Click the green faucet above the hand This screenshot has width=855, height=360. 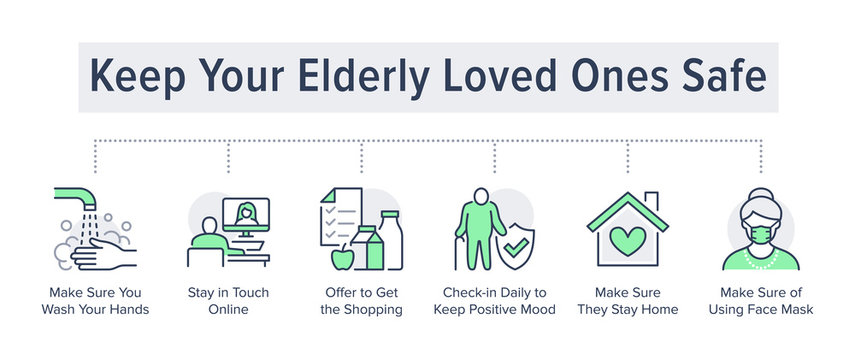coord(75,195)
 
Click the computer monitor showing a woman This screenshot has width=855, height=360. coord(245,217)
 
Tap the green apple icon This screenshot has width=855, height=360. coord(342,257)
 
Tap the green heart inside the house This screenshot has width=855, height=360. coord(627,241)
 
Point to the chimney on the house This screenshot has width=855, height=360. coord(651,199)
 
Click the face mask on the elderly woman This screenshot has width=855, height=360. coord(761,235)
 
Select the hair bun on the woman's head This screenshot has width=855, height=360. coord(760,194)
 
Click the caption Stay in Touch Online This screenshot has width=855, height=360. coord(228,301)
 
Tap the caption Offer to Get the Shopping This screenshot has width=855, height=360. coord(361,301)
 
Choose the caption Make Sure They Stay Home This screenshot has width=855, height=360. coord(628,301)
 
